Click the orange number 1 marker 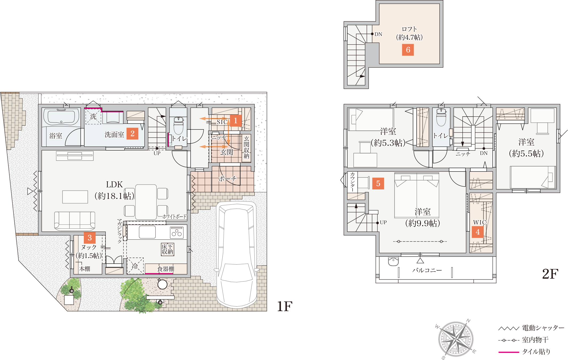coord(236,121)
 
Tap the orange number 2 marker coord(132,133)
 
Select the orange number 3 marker coord(90,238)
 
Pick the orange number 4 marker coord(478,232)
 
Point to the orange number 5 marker coord(378,184)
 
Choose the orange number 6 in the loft coord(408,50)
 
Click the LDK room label coord(114,184)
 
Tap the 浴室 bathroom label coord(56,136)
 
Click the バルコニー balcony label coord(427,270)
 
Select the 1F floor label coord(285,306)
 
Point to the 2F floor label coord(550,274)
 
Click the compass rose coord(456,339)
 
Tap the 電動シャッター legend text coord(543,328)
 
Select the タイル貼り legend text coord(536,352)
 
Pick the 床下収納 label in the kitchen coord(167,249)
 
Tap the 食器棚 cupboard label coord(166,269)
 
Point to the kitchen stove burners coord(177,233)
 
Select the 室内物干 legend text coord(535,340)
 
